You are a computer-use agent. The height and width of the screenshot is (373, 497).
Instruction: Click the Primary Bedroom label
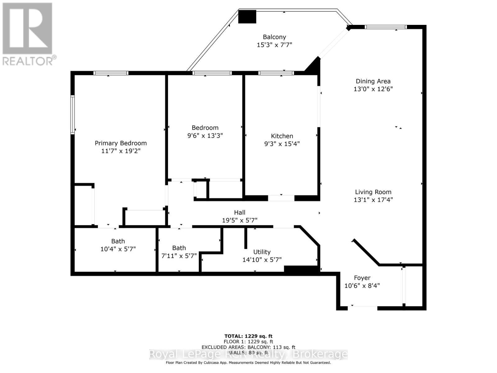click(x=121, y=143)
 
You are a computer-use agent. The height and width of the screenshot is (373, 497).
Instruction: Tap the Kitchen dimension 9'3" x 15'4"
click(x=282, y=144)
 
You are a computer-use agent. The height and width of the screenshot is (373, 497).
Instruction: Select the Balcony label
click(x=274, y=37)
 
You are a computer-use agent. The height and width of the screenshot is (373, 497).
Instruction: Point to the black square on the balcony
click(x=247, y=17)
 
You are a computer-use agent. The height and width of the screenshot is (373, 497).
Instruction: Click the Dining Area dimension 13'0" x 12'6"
click(x=373, y=89)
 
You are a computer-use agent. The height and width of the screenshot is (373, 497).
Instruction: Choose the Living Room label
click(x=373, y=192)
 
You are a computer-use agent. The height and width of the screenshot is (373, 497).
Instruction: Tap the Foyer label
click(x=362, y=278)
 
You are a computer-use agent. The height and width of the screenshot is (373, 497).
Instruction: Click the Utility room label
click(x=262, y=252)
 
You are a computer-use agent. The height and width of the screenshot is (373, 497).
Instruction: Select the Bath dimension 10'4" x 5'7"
click(x=118, y=249)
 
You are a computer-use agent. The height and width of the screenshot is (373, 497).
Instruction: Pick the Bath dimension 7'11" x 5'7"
click(x=179, y=256)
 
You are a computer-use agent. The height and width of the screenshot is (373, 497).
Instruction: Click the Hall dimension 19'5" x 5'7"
click(x=239, y=220)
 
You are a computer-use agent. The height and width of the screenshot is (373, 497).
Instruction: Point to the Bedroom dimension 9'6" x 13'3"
click(x=205, y=136)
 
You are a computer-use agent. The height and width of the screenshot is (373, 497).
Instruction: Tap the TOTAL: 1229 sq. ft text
click(x=248, y=336)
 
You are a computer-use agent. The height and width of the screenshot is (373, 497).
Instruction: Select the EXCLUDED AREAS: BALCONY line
click(x=248, y=347)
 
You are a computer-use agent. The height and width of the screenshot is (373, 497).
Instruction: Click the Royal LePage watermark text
click(x=248, y=354)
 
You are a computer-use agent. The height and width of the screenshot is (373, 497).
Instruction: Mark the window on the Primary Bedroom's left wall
click(x=73, y=115)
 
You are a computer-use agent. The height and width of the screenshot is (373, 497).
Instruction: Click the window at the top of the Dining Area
click(x=385, y=27)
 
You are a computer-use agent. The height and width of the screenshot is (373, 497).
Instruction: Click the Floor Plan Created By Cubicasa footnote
click(x=248, y=362)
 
